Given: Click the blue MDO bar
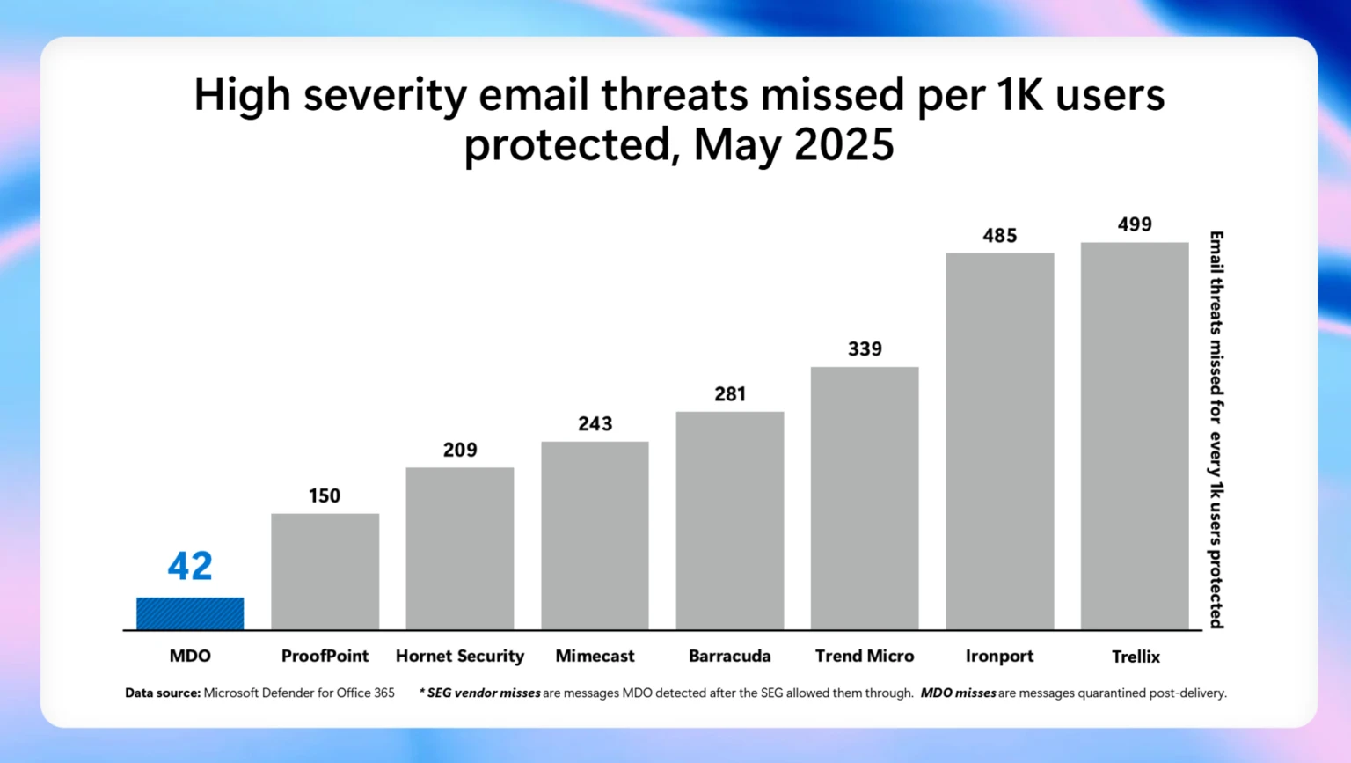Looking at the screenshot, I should (190, 613).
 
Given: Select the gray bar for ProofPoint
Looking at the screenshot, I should (325, 571).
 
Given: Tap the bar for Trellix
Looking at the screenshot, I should (1135, 436).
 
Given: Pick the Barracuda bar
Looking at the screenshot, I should (729, 520).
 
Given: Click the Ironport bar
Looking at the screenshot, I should (999, 441).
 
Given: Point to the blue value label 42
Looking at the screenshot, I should (190, 566).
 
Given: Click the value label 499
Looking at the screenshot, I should (1135, 224).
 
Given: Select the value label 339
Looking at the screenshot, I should (865, 348).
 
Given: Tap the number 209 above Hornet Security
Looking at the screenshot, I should (460, 450).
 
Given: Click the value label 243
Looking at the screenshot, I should (595, 423).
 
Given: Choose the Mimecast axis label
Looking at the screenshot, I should (595, 656).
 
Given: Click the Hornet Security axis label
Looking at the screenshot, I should (460, 656).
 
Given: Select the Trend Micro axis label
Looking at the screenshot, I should (865, 656).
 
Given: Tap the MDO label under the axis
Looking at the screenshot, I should (190, 656).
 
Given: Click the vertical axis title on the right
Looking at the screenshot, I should (1216, 429).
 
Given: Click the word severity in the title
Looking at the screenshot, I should (385, 95).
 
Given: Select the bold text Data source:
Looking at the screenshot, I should (163, 693).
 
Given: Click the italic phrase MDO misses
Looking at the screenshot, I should (958, 693).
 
